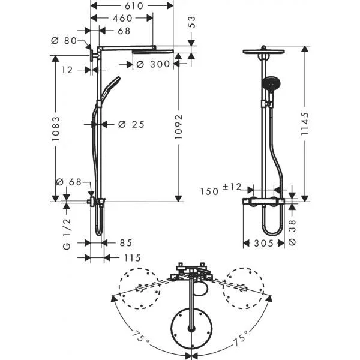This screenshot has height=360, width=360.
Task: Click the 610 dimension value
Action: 134,6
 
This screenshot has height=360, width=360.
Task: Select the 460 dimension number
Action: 122,18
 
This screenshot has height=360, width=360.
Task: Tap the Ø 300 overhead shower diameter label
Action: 153,64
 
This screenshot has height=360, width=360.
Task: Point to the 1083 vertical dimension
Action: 56,129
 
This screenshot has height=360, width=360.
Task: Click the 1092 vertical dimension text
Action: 178,127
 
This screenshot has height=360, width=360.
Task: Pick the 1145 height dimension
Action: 305,124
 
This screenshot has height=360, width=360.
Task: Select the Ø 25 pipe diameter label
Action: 131,124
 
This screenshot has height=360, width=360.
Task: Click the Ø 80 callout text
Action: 64,41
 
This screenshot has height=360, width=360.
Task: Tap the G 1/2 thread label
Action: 67,234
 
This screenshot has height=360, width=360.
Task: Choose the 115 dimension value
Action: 133,258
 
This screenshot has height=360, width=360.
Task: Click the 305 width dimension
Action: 263,244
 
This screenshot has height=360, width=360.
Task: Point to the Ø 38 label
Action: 292,233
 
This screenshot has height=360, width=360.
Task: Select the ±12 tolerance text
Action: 232,187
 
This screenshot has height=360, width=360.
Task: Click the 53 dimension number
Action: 192,22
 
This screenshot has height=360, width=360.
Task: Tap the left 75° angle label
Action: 141,337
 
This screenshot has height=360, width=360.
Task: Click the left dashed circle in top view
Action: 139,289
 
